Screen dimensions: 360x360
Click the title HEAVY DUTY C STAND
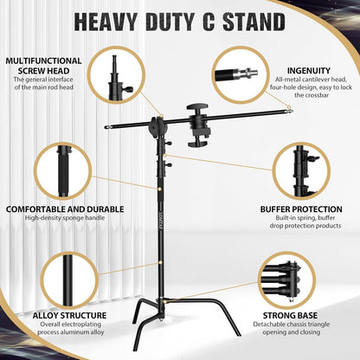coord(179,22)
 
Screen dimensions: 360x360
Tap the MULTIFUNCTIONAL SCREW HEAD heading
coord(43,66)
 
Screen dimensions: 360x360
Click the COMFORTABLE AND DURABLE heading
coord(65,209)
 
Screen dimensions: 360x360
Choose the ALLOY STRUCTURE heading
coord(57,316)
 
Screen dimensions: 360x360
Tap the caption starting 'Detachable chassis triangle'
coord(299,331)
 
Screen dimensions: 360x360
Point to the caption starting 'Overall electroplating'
coord(57,331)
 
